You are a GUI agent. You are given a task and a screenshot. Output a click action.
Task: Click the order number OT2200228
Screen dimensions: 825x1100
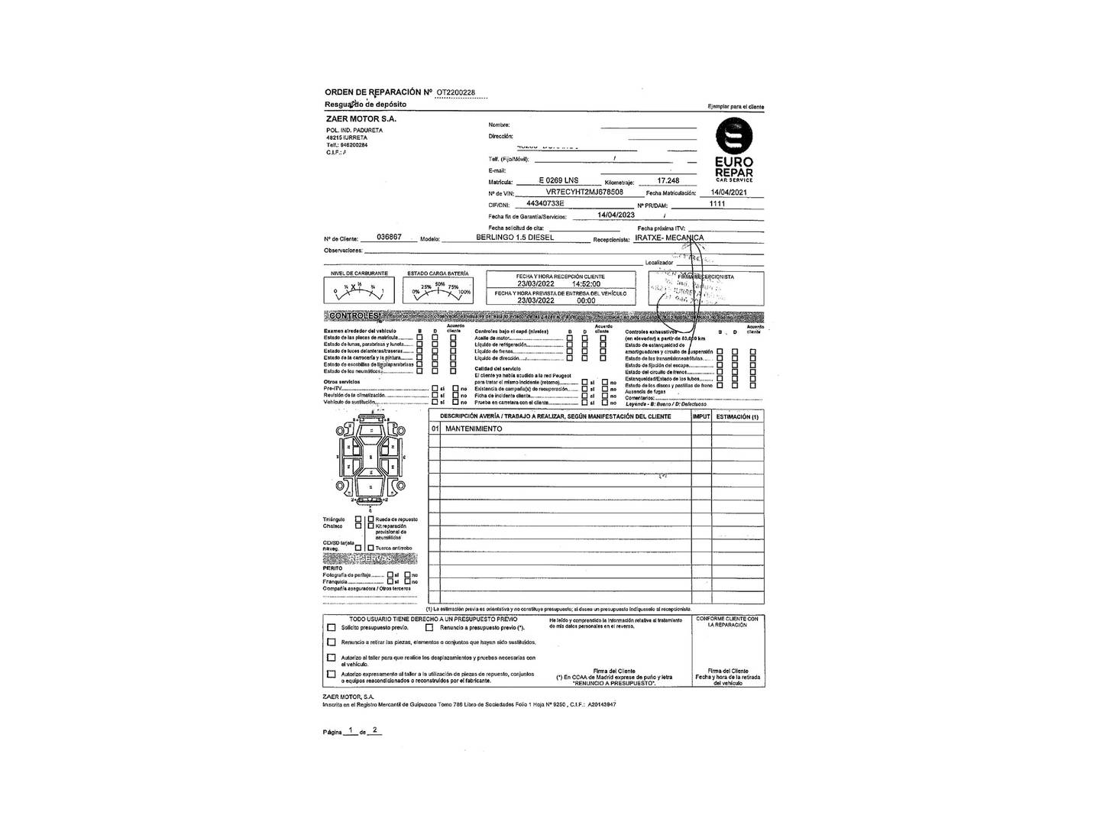pyautogui.click(x=455, y=92)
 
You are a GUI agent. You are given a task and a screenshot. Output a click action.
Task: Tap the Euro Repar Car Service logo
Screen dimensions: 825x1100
pyautogui.click(x=733, y=150)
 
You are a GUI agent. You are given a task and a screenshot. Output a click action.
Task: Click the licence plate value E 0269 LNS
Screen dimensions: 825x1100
pyautogui.click(x=558, y=181)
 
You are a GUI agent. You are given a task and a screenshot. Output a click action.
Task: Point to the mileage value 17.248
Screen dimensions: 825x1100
pyautogui.click(x=668, y=181)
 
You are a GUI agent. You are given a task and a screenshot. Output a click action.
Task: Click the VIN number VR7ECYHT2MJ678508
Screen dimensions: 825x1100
pyautogui.click(x=584, y=192)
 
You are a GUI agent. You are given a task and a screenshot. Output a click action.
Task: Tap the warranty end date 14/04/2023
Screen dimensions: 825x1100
pyautogui.click(x=616, y=215)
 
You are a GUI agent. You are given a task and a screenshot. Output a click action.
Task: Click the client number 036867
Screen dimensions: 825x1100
pyautogui.click(x=390, y=237)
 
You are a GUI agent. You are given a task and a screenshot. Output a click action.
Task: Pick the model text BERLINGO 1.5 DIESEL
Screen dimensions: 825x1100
pyautogui.click(x=515, y=238)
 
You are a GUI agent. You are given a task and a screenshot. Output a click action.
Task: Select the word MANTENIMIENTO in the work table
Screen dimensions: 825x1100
pyautogui.click(x=474, y=429)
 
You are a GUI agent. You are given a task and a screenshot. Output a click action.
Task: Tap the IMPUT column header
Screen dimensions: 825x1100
pyautogui.click(x=701, y=417)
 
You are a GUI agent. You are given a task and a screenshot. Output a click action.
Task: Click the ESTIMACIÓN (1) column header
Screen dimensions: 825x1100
pyautogui.click(x=738, y=417)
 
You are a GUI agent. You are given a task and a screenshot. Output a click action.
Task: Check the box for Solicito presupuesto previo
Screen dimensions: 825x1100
pyautogui.click(x=332, y=628)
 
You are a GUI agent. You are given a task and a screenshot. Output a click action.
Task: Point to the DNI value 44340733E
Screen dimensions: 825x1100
pyautogui.click(x=545, y=204)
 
